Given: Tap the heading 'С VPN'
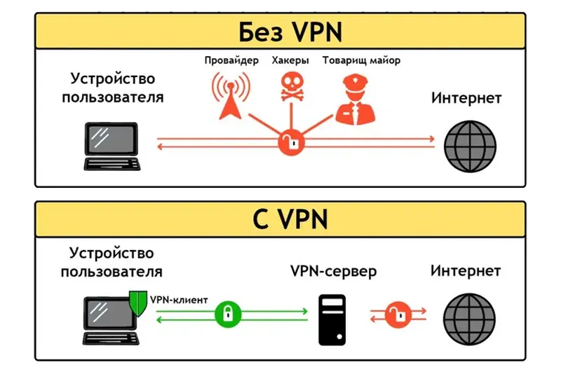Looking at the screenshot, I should tap(280, 220).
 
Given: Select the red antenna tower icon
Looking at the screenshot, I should tap(229, 96).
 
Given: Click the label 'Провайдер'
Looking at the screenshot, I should tap(231, 61).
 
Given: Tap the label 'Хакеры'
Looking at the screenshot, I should tap(290, 61).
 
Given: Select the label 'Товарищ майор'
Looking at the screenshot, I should tap(361, 61).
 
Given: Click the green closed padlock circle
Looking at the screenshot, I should tap(227, 312).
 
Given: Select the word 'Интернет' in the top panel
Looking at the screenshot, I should tap(466, 98).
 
